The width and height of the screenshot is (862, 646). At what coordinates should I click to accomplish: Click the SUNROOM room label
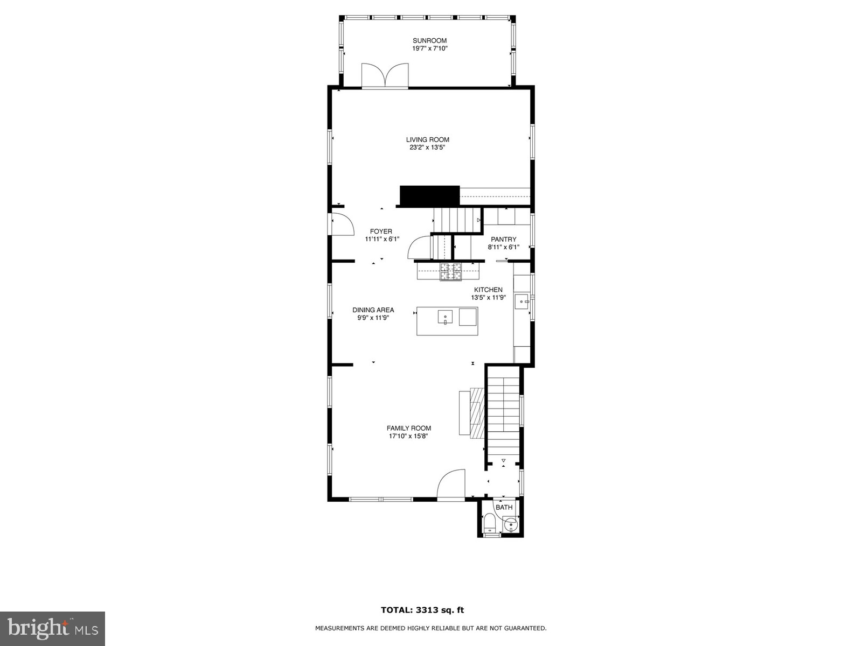coord(429,40)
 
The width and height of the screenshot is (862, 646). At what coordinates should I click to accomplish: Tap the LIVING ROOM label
coord(427,139)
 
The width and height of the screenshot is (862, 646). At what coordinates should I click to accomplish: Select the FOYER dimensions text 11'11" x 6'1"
coord(382,239)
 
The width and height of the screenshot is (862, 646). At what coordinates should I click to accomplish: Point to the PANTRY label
coord(503,240)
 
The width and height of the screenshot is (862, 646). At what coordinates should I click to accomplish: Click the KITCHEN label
coord(488,290)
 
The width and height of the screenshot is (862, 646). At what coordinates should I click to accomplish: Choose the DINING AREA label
coord(373,310)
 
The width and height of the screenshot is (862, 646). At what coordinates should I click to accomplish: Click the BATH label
coord(504,508)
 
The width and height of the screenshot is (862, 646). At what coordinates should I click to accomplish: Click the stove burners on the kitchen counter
coord(451,272)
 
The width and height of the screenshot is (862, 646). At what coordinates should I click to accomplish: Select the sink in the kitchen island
coord(446,317)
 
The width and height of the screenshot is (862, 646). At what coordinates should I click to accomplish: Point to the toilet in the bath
coord(490,523)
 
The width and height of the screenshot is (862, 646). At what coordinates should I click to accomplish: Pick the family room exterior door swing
coord(451,484)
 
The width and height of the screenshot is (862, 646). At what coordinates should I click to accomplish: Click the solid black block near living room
coord(429,195)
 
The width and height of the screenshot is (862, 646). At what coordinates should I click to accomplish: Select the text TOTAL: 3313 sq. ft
coord(422,610)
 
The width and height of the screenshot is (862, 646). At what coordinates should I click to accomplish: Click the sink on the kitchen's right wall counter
coord(522,301)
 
